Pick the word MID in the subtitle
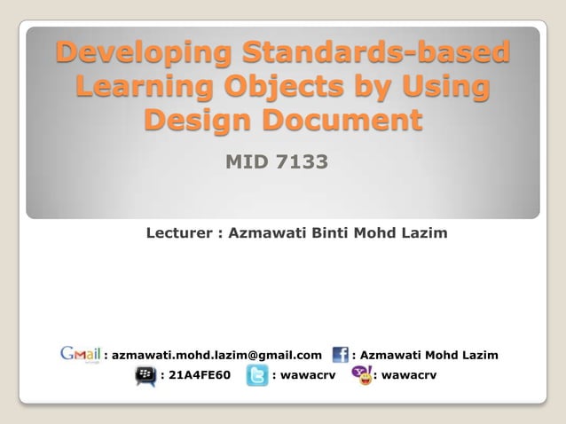(245, 162)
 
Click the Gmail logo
(81, 354)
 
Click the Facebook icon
(340, 355)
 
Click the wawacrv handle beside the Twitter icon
(305, 376)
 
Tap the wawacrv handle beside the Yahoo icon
(408, 376)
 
